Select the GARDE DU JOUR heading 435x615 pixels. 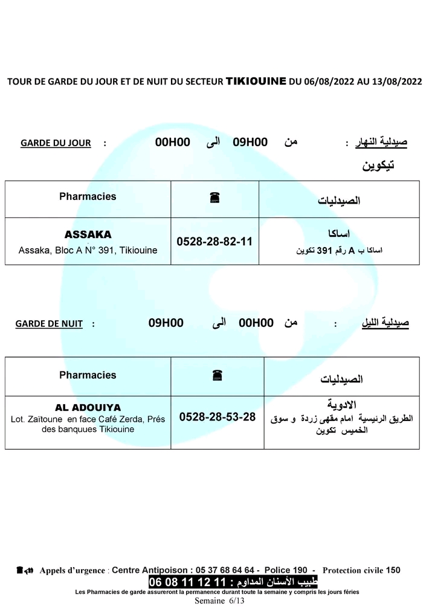point(56,143)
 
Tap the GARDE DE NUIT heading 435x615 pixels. point(49,324)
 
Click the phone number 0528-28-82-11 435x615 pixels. point(214,241)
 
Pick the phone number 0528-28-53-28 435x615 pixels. point(217,417)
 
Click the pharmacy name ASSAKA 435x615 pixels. point(88,234)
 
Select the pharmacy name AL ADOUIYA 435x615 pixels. point(88,407)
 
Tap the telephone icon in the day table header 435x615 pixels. point(214,198)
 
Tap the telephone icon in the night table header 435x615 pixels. point(217,376)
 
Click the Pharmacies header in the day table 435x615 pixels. point(88,196)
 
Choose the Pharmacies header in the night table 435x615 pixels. point(88,375)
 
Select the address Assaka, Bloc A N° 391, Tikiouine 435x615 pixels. point(88,250)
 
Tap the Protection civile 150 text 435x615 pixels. point(361,570)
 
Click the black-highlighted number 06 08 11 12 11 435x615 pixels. point(187,582)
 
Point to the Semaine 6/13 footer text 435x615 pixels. point(219,601)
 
